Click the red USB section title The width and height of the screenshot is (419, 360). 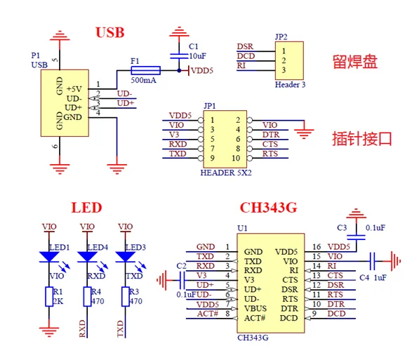[109, 32]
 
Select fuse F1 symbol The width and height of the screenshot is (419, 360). [146, 71]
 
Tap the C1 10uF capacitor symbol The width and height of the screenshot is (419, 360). [179, 56]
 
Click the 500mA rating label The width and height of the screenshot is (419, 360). [143, 80]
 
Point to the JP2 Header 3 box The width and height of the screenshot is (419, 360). [289, 60]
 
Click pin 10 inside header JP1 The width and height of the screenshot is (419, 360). [236, 158]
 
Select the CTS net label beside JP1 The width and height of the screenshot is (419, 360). [270, 144]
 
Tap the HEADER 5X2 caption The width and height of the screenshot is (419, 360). [226, 173]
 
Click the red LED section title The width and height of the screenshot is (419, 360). [86, 208]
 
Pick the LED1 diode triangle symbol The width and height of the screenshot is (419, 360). [49, 257]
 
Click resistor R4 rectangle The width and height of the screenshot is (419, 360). [88, 297]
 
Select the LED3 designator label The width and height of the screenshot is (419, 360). [136, 247]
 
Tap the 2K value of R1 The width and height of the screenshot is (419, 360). [58, 302]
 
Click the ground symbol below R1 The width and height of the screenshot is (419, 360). [49, 331]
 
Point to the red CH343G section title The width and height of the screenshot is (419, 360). [268, 208]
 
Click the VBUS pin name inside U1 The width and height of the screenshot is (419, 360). [255, 309]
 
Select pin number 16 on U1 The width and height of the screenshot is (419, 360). [317, 247]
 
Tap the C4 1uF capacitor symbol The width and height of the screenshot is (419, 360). [373, 261]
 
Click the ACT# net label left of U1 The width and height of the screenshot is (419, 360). [208, 314]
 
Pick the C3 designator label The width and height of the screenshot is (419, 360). [342, 228]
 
